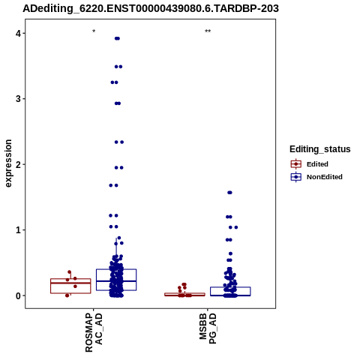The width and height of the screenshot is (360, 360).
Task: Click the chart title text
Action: point(151,8)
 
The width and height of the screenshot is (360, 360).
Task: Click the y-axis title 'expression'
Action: point(8,163)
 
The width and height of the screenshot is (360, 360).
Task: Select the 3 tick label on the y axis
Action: point(18,99)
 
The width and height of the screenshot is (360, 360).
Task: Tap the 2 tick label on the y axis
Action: point(18,164)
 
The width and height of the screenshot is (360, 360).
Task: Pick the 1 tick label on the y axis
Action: point(18,230)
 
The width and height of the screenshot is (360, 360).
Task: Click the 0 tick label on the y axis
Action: point(18,295)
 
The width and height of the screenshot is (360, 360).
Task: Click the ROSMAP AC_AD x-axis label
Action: point(94,332)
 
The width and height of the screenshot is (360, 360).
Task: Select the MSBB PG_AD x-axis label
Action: point(208,328)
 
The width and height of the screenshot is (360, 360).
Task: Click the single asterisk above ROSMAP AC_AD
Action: point(94,31)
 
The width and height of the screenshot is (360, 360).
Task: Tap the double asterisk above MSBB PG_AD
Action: point(208,31)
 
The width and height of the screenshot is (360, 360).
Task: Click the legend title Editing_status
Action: point(320,149)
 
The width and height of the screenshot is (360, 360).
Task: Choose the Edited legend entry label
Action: point(317,164)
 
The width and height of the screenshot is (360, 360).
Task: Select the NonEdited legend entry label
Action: point(325,177)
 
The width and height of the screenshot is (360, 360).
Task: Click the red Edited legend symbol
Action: point(296,164)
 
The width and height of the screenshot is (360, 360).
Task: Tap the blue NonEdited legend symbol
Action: point(296,177)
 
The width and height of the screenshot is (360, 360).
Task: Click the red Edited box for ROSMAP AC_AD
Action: point(70,279)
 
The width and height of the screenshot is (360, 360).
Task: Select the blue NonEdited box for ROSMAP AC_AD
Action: point(116,269)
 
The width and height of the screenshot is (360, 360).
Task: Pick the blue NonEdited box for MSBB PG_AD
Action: point(230,287)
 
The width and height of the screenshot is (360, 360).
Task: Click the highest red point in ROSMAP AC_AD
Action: point(70,272)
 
